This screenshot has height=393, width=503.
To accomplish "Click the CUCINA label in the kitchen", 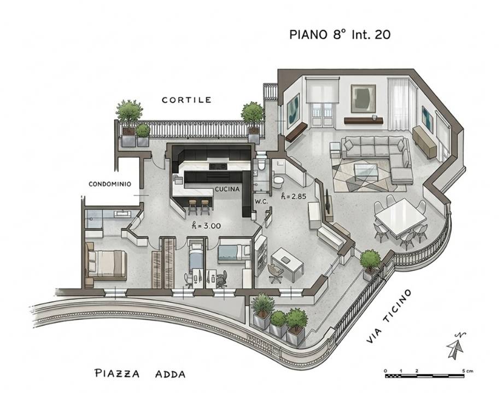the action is (x=227, y=189).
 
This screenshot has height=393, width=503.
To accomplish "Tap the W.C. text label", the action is (x=261, y=201).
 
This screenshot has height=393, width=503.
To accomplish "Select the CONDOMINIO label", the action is (x=110, y=184).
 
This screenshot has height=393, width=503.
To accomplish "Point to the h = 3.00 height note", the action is (x=206, y=226).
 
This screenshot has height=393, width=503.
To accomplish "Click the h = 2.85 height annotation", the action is (x=294, y=196).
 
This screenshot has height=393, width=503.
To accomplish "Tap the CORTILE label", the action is (x=186, y=100).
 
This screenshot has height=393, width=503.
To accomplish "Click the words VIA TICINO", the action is (x=389, y=316).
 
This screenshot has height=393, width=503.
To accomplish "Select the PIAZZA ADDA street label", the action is (x=140, y=373).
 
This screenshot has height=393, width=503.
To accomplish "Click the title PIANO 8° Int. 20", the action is (x=340, y=34).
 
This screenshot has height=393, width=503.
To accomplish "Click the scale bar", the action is (x=425, y=375).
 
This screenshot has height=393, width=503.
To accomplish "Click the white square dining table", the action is (x=401, y=217).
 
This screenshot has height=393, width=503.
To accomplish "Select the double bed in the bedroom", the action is (x=106, y=264).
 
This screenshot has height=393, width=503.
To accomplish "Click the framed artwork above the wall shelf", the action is (x=363, y=99).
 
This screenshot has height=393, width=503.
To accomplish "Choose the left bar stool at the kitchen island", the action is (x=193, y=207).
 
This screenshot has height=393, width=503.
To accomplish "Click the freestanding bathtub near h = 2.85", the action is (x=278, y=182).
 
